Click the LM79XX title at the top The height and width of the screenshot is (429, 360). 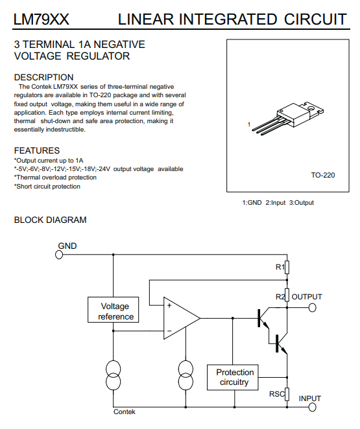pyautogui.click(x=41, y=19)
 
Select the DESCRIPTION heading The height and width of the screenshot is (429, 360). pyautogui.click(x=44, y=77)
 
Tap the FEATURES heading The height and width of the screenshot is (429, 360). pyautogui.click(x=37, y=150)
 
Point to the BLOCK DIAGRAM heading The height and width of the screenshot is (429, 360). pyautogui.click(x=51, y=220)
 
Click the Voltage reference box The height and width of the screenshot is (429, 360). pyautogui.click(x=113, y=310)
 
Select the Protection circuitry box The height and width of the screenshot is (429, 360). pyautogui.click(x=233, y=377)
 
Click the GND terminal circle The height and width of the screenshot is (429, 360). pyautogui.click(x=59, y=255)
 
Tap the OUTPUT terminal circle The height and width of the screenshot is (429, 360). pyautogui.click(x=312, y=308)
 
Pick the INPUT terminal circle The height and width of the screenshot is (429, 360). pyautogui.click(x=312, y=407)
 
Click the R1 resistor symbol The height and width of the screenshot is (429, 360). pyautogui.click(x=287, y=267)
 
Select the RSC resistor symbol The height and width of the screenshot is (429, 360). pyautogui.click(x=287, y=394)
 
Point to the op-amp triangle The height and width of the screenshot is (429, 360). pyautogui.click(x=182, y=318)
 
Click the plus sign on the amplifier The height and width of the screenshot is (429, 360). pyautogui.click(x=169, y=305)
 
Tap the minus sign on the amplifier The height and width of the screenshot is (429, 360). pyautogui.click(x=169, y=331)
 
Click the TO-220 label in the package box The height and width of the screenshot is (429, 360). pyautogui.click(x=323, y=175)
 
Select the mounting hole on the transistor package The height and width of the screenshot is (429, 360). pyautogui.click(x=311, y=108)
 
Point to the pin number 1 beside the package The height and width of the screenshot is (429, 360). pyautogui.click(x=249, y=124)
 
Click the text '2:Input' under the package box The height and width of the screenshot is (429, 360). pyautogui.click(x=276, y=203)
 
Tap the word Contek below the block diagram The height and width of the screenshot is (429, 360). pyautogui.click(x=125, y=412)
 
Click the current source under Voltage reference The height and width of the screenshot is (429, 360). pyautogui.click(x=113, y=375)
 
